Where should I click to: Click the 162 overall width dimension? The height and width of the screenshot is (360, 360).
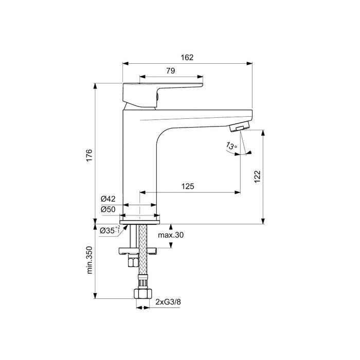pos(188,58)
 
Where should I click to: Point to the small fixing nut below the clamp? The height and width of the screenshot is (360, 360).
pos(132,262)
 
